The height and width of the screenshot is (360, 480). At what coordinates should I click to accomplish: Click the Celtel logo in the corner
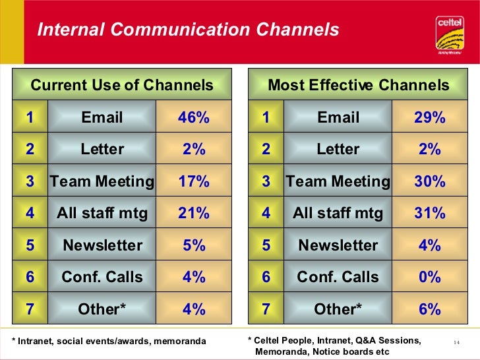point(450,33)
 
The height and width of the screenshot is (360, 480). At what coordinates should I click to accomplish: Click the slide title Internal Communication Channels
point(188,30)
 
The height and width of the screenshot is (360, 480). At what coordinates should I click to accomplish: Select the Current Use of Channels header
point(122,85)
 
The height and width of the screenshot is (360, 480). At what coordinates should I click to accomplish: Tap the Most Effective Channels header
point(358,85)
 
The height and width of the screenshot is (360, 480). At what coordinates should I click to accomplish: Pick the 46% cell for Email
point(194,117)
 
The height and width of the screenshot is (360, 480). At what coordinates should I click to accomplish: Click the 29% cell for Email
point(430,117)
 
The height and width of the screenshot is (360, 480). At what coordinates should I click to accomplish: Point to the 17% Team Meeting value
point(194,181)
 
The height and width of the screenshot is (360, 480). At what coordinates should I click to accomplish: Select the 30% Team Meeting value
point(430,181)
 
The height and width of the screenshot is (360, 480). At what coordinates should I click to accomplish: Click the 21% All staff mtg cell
point(194,213)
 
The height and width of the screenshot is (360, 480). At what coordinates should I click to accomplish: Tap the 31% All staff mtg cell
point(430,213)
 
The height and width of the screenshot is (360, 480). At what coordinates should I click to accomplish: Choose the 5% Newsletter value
point(194,245)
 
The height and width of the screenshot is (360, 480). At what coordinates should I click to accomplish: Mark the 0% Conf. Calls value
point(430,277)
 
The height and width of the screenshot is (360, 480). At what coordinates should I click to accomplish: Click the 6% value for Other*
point(430,309)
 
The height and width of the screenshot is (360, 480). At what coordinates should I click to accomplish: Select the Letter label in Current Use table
point(102,149)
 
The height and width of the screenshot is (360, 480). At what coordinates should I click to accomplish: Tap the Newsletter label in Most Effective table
point(338,245)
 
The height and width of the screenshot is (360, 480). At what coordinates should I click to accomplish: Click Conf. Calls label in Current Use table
point(102,277)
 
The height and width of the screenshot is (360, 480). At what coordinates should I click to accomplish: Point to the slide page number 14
point(456,342)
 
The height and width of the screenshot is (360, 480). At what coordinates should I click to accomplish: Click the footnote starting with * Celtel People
point(334,345)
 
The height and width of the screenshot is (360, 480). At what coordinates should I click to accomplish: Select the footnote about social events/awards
point(109,341)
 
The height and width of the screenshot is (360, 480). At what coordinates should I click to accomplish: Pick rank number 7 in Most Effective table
point(266,309)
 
